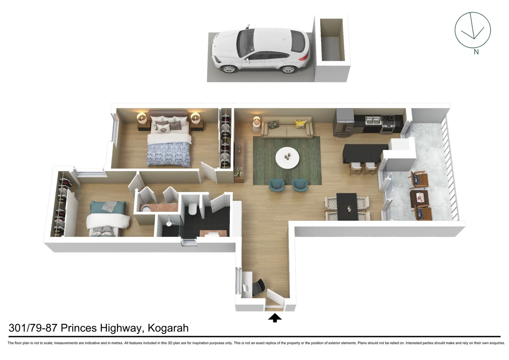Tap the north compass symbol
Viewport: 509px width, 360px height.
pyautogui.click(x=472, y=30)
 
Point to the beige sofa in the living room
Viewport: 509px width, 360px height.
pyautogui.click(x=287, y=128)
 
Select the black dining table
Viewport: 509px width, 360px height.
pyautogui.click(x=346, y=207)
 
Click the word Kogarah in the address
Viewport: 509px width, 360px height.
pyautogui.click(x=168, y=328)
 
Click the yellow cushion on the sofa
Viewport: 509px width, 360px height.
pyautogui.click(x=300, y=124)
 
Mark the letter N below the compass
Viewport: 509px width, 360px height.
pyautogui.click(x=476, y=52)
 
